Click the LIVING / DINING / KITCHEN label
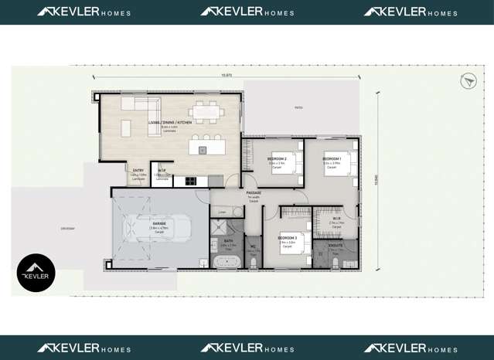pyautogui.click(x=169, y=123)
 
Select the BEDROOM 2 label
pyautogui.click(x=276, y=158)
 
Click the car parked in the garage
pyautogui.click(x=159, y=228)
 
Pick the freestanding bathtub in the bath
pyautogui.click(x=228, y=261)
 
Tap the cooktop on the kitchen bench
pyautogui.click(x=189, y=182)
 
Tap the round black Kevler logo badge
pyautogui.click(x=36, y=273)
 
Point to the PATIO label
pyautogui.click(x=298, y=108)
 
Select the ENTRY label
pyautogui.click(x=138, y=170)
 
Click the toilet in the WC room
pyautogui.click(x=254, y=262)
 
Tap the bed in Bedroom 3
pyautogui.click(x=295, y=246)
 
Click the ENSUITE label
pyautogui.click(x=335, y=246)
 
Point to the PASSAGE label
pyautogui.click(x=254, y=193)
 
